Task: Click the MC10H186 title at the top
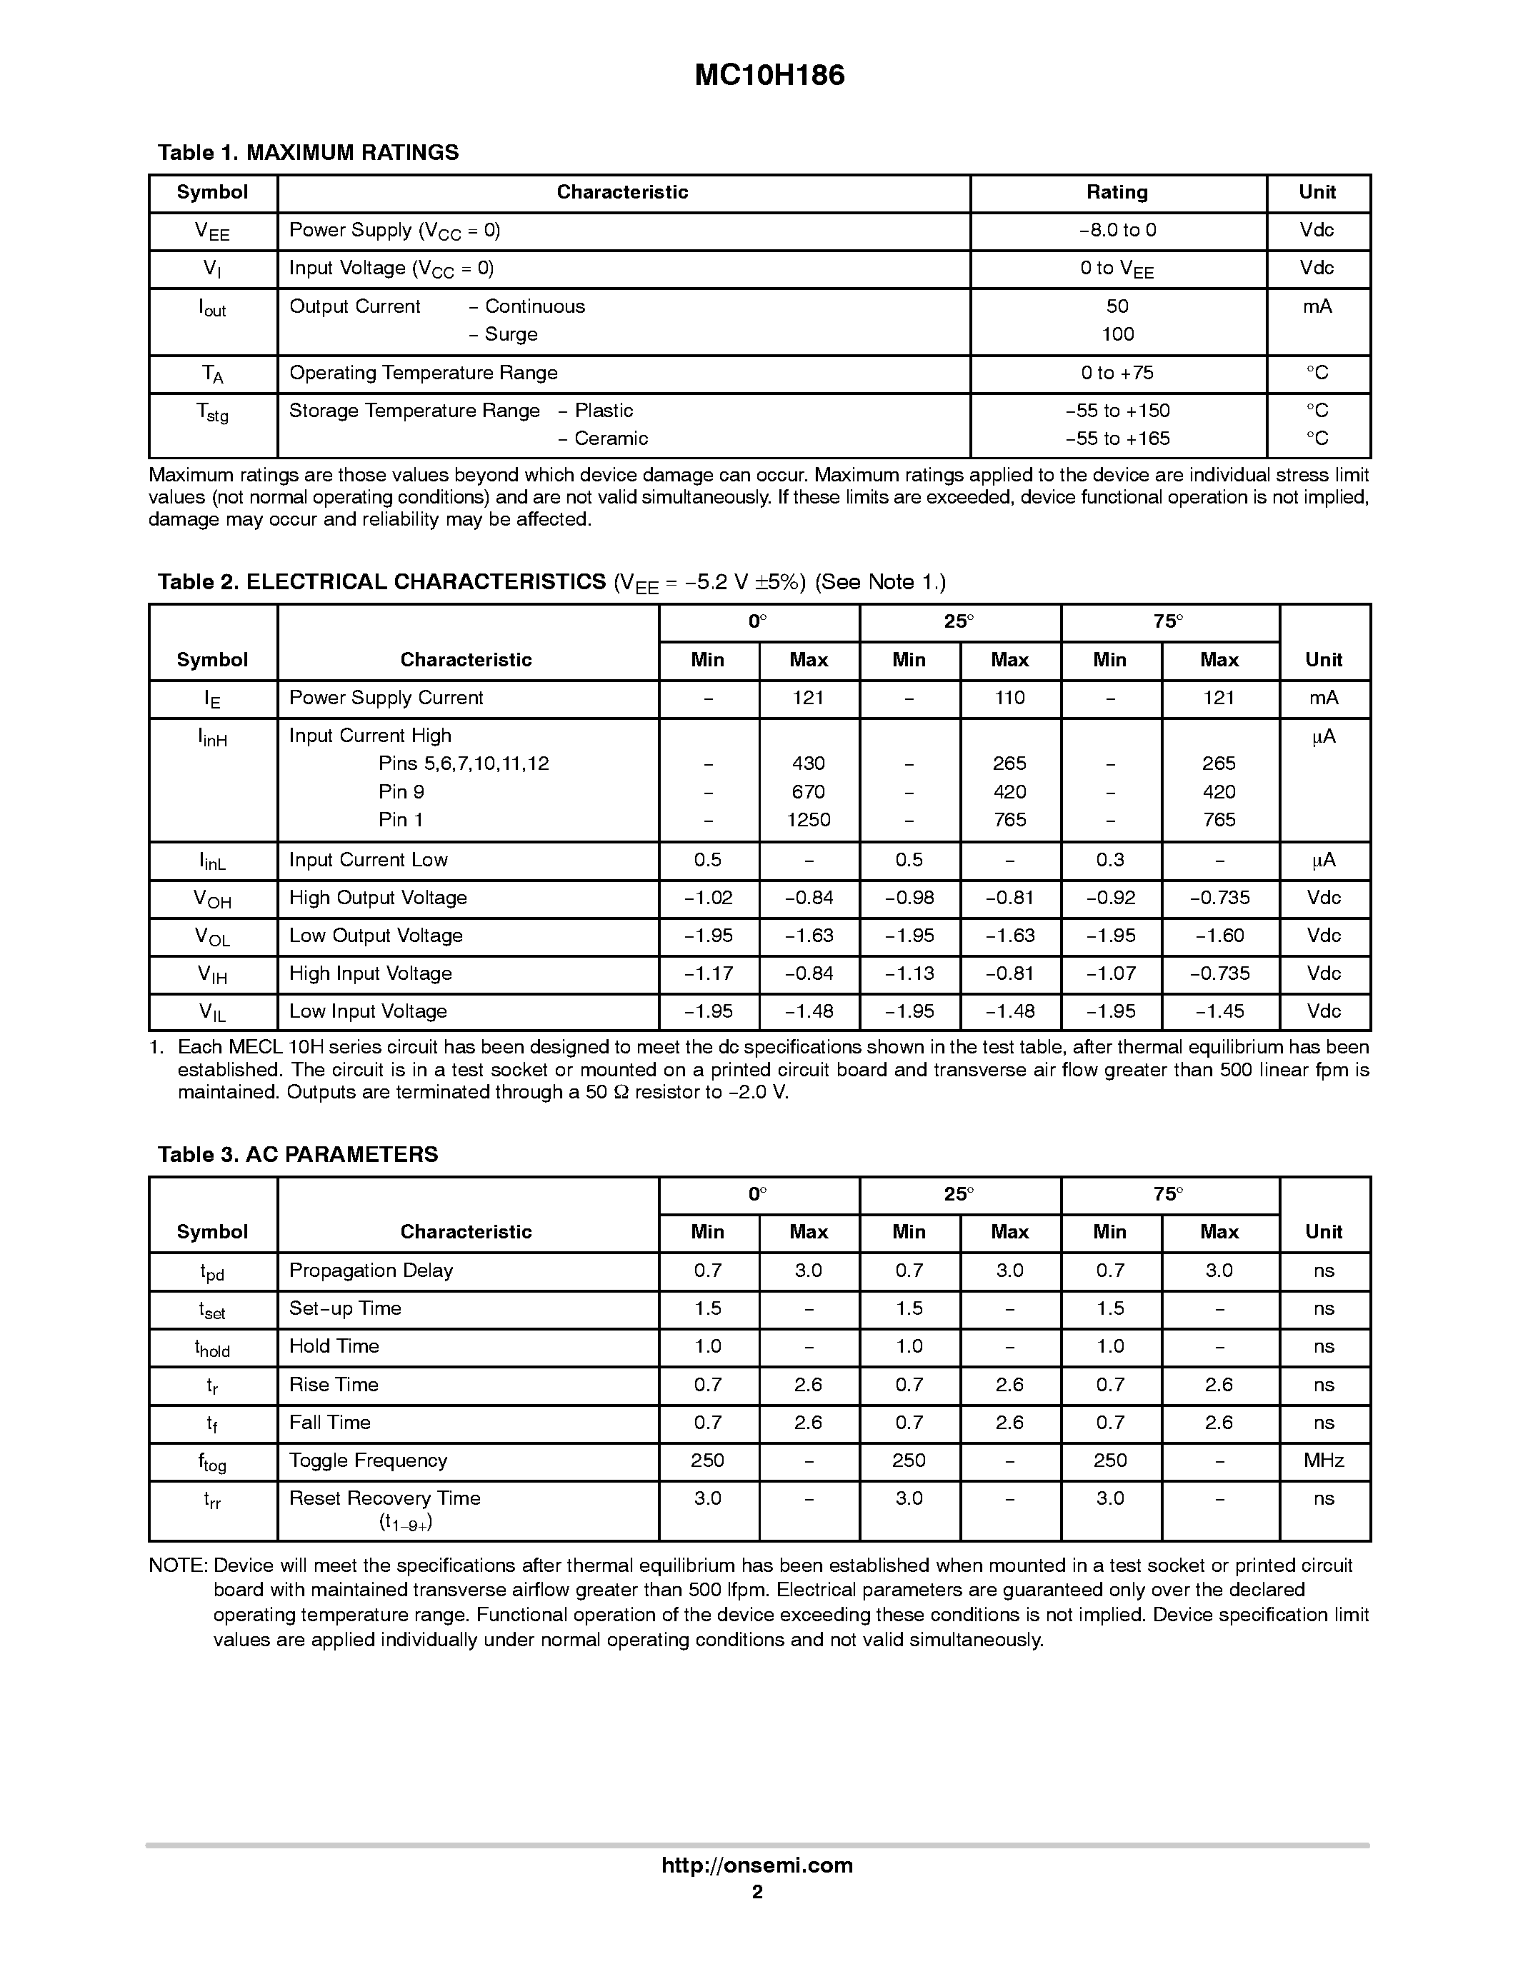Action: click(x=769, y=76)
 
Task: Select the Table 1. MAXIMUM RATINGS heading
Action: click(x=308, y=153)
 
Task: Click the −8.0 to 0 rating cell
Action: click(x=1117, y=230)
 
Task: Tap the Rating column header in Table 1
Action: click(x=1117, y=192)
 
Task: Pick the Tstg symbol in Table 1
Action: click(x=212, y=413)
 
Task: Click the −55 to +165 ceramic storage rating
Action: click(x=1117, y=439)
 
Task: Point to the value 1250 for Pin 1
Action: click(x=809, y=820)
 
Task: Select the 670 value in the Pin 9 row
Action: click(x=809, y=792)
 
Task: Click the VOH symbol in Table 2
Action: click(x=212, y=898)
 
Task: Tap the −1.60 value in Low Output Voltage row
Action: click(x=1219, y=936)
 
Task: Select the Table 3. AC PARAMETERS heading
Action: click(x=298, y=1155)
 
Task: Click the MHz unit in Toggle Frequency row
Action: click(x=1323, y=1461)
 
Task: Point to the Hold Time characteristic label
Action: click(x=334, y=1346)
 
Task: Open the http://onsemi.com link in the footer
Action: click(x=756, y=1865)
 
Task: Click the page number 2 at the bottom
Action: click(x=756, y=1891)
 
